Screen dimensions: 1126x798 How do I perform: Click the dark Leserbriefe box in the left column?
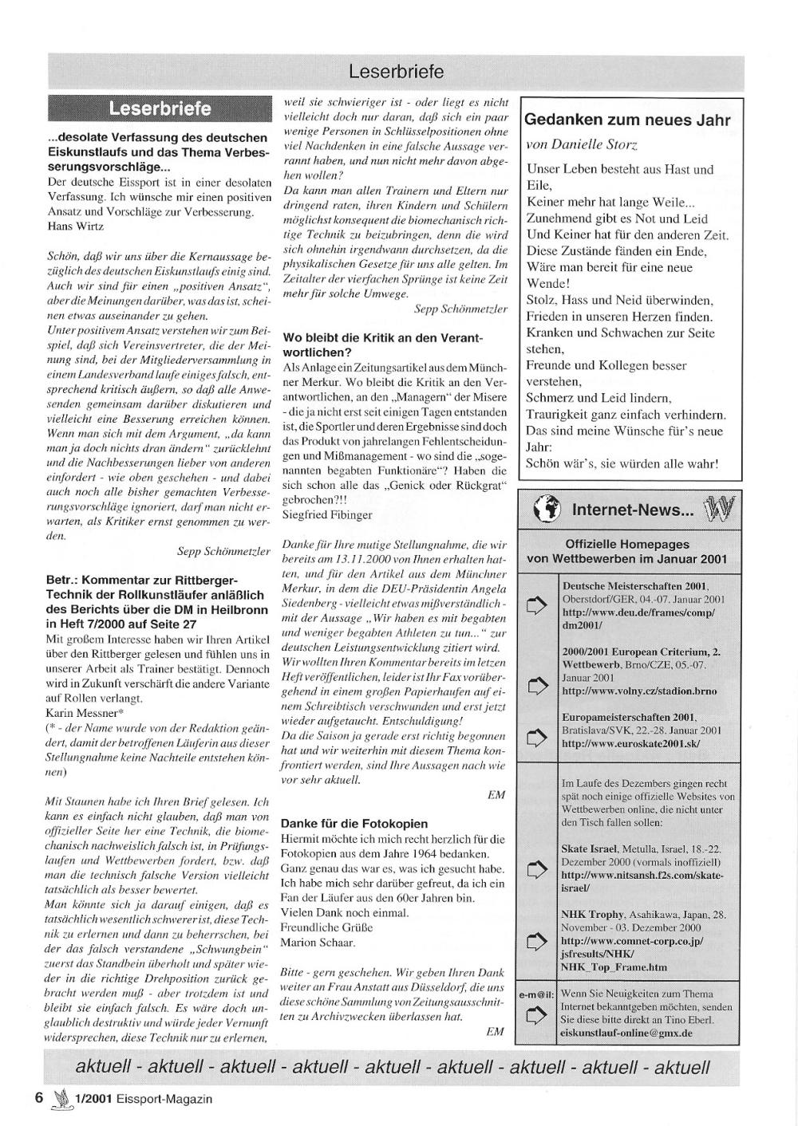[160, 108]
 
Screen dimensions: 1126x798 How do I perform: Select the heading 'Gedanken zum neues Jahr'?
[627, 120]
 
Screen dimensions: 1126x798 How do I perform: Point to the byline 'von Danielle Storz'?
[582, 144]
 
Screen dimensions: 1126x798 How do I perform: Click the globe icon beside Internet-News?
[547, 510]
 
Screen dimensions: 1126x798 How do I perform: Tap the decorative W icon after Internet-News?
[717, 508]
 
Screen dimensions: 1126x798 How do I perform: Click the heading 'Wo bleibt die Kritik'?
[383, 344]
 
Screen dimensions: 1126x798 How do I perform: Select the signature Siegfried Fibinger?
[327, 515]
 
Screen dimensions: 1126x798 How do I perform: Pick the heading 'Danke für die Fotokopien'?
[354, 823]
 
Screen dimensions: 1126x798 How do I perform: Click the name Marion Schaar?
[318, 943]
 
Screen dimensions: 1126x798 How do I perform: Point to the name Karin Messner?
[83, 712]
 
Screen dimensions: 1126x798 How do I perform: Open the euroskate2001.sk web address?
[630, 743]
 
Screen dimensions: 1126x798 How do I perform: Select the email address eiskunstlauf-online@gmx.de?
[626, 1033]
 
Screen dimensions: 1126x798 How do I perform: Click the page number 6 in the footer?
[38, 1097]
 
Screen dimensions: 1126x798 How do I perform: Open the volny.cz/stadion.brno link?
[639, 691]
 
